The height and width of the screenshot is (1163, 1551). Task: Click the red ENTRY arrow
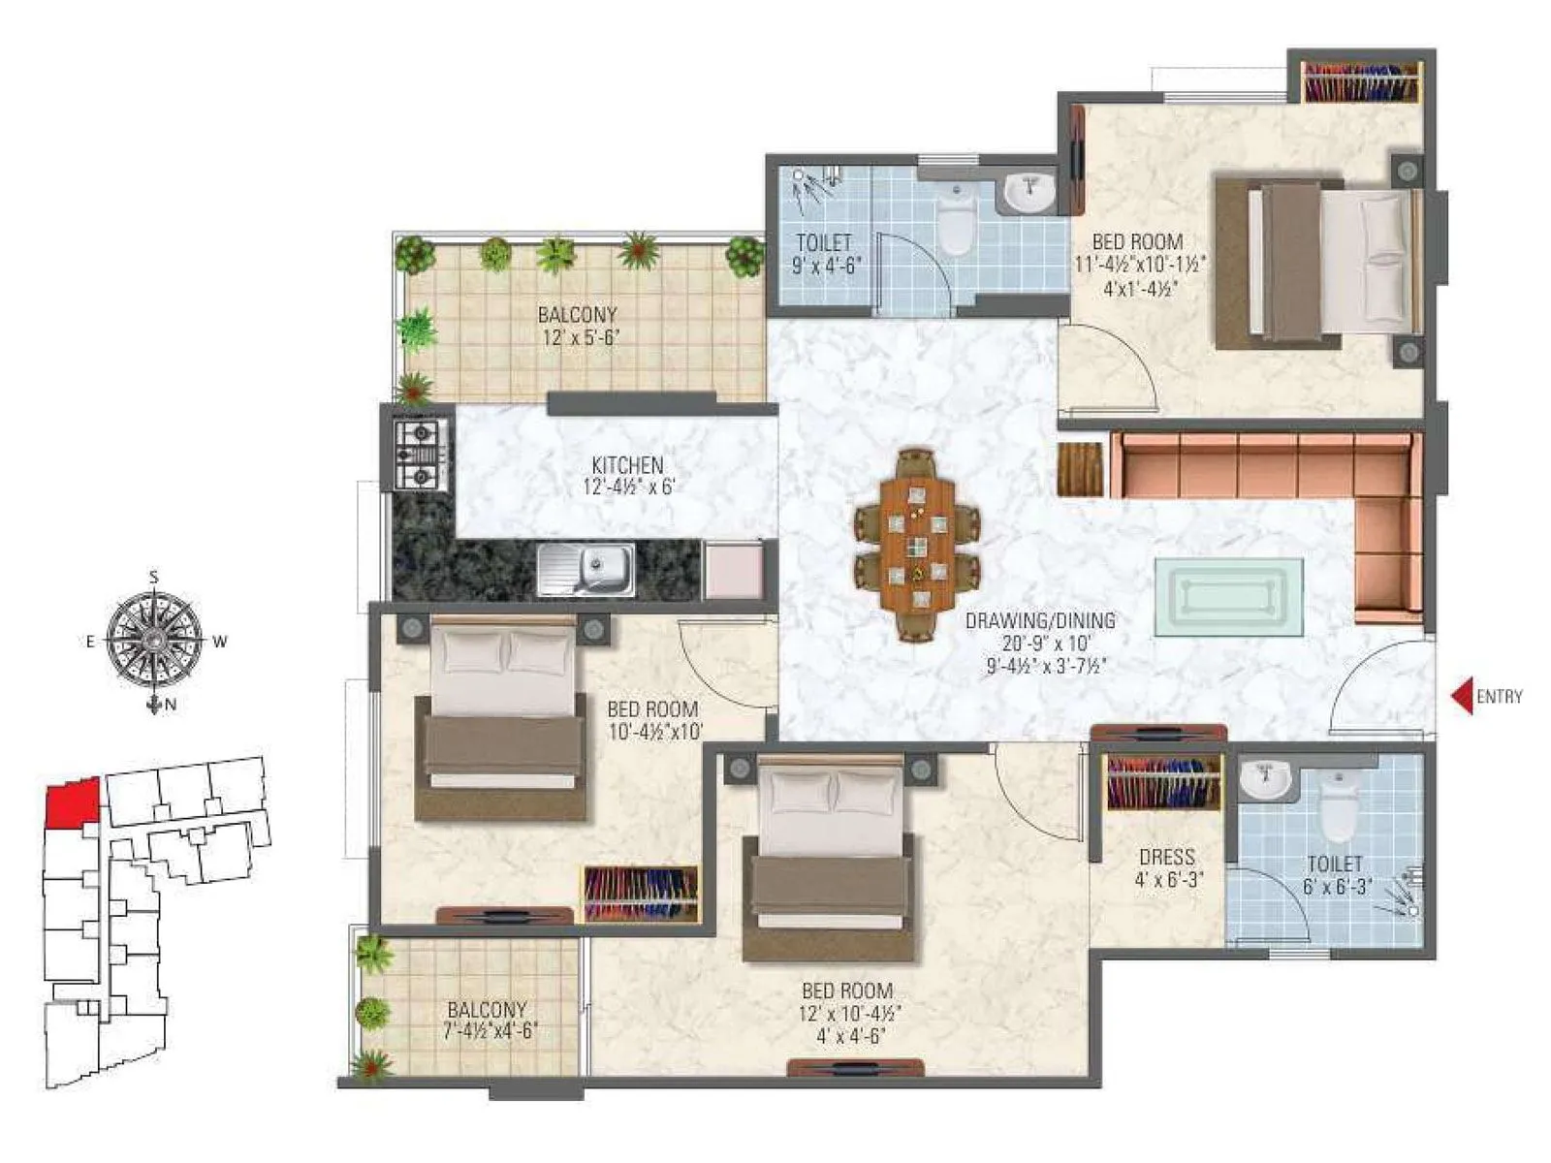pyautogui.click(x=1462, y=696)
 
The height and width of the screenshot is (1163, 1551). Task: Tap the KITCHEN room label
pyautogui.click(x=627, y=466)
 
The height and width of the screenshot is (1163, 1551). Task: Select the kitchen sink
pyautogui.click(x=586, y=569)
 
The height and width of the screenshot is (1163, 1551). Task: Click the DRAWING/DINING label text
pyautogui.click(x=1039, y=621)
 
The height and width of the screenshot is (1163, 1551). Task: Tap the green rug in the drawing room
pyautogui.click(x=1228, y=597)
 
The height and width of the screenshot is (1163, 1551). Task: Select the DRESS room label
pyautogui.click(x=1167, y=858)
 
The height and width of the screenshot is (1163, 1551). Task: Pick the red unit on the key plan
pyautogui.click(x=72, y=802)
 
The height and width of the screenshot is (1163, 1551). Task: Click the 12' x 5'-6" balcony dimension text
pyautogui.click(x=579, y=337)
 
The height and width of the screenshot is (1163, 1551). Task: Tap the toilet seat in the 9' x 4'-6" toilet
pyautogui.click(x=957, y=221)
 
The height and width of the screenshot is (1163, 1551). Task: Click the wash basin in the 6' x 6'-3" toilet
pyautogui.click(x=1266, y=779)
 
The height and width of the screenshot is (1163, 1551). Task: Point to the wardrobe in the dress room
pyautogui.click(x=1163, y=782)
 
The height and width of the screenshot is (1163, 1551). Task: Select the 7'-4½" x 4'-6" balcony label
pyautogui.click(x=488, y=1010)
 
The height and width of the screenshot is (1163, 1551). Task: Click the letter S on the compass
pyautogui.click(x=153, y=578)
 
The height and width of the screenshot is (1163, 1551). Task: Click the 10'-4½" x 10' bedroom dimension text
pyautogui.click(x=654, y=733)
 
